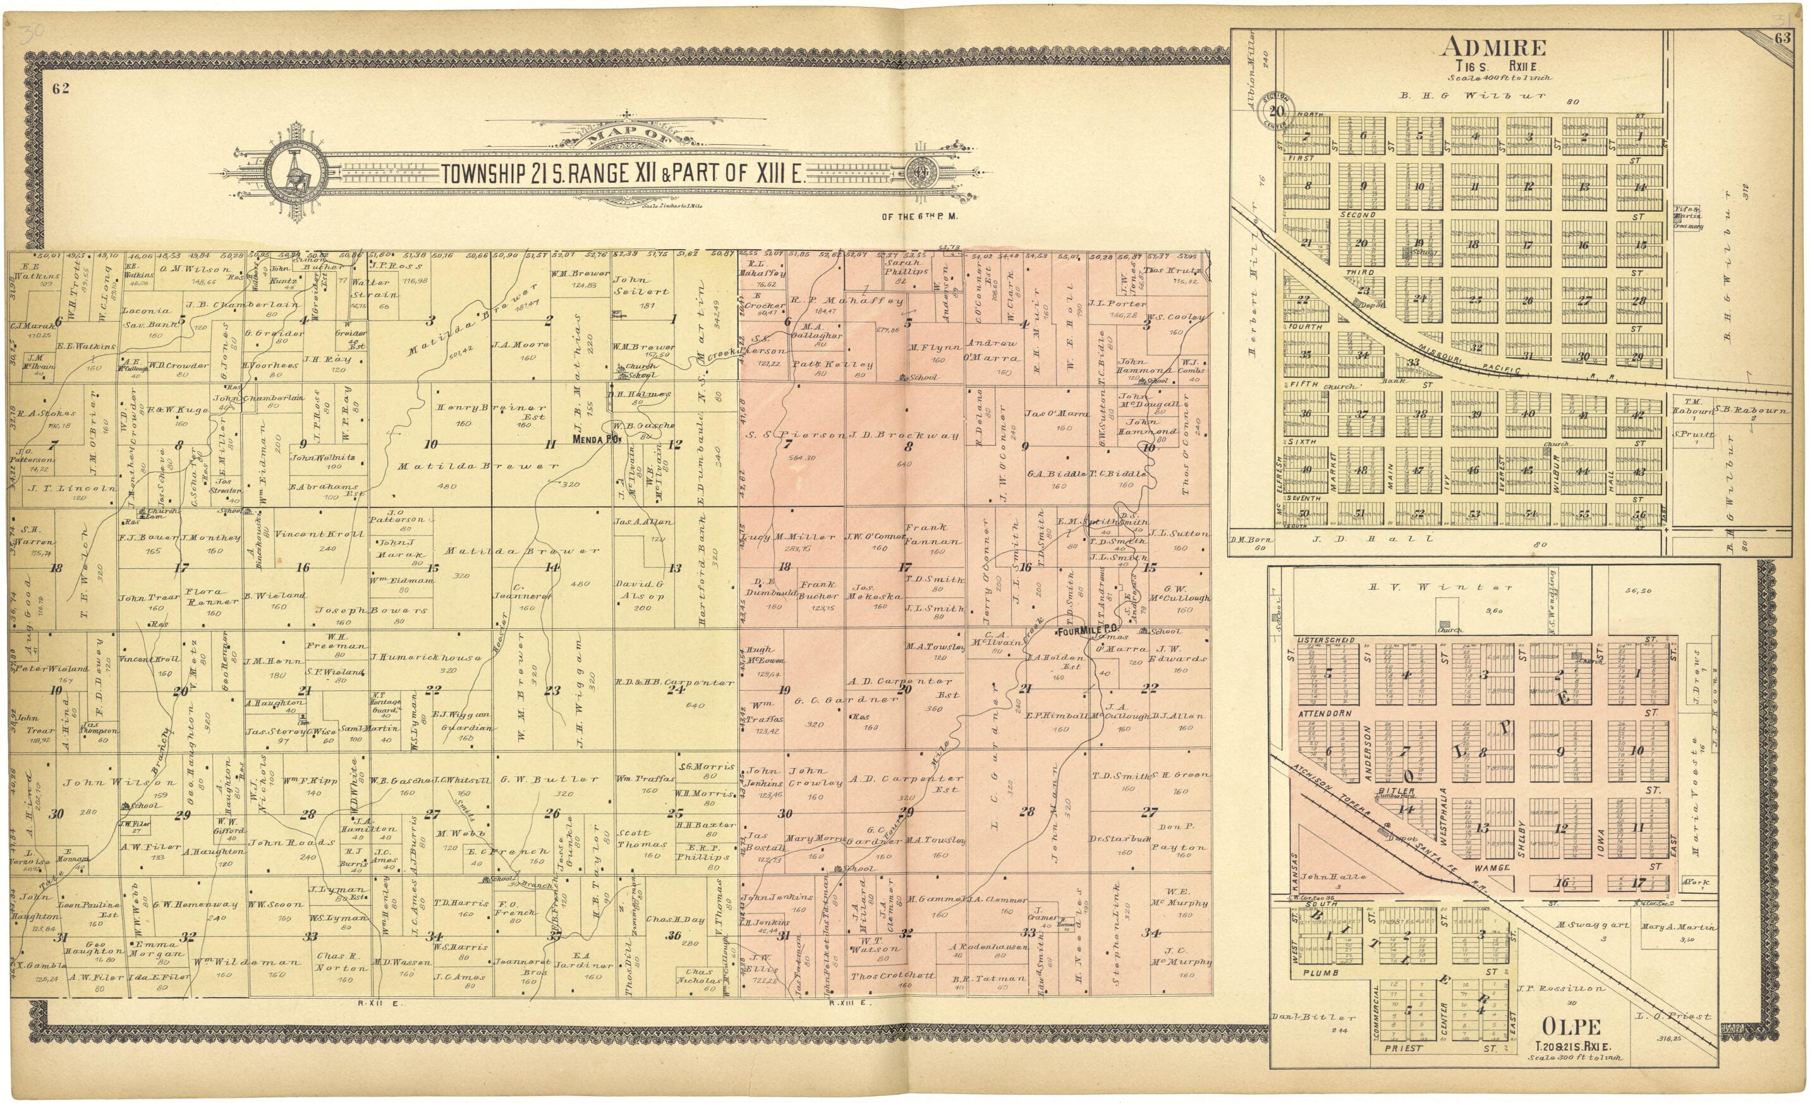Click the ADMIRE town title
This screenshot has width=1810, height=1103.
[x=1493, y=48]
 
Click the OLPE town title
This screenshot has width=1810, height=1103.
[x=1570, y=1027]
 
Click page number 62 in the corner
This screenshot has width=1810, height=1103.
[x=61, y=89]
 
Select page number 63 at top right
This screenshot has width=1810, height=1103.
[x=1782, y=39]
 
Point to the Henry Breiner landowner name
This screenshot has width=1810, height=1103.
[x=490, y=408]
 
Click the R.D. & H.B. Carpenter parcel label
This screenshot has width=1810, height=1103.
[x=674, y=682]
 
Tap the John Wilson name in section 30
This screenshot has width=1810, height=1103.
[x=119, y=783]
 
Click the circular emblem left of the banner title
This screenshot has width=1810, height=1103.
[x=296, y=173]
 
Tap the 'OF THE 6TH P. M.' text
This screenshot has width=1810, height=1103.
[x=920, y=217]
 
